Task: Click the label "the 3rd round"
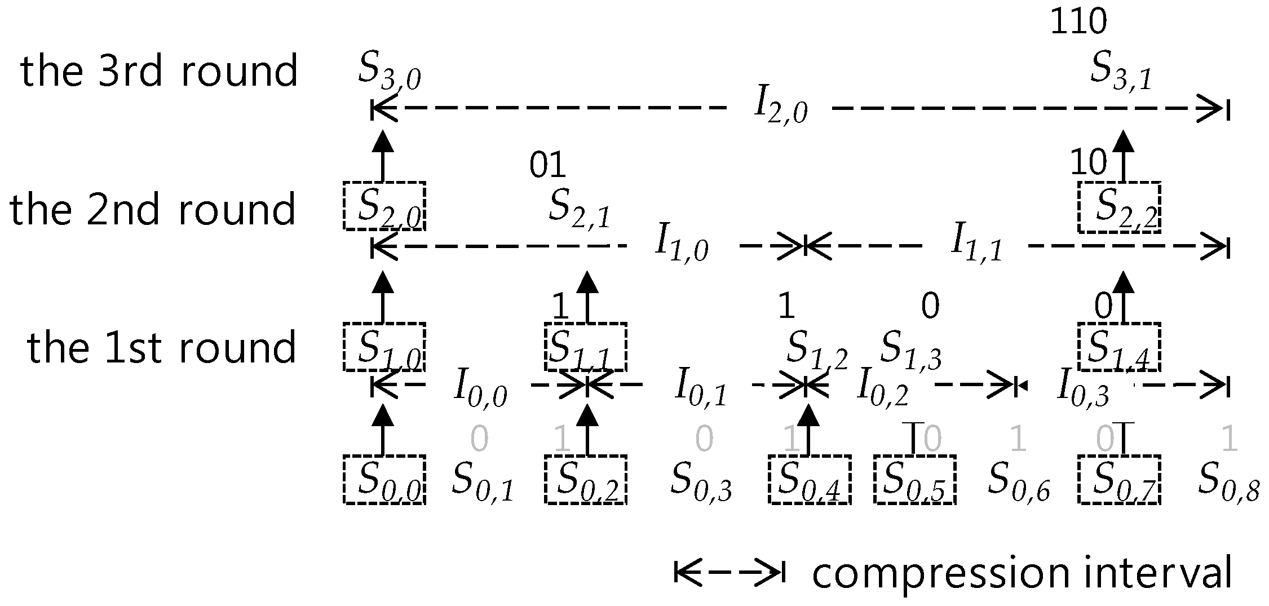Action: (x=159, y=72)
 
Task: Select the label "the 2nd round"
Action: (x=152, y=209)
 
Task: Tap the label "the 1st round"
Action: (x=161, y=347)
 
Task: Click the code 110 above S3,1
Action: (x=1078, y=23)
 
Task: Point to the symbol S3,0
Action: (x=389, y=74)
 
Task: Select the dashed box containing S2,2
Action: (x=1118, y=207)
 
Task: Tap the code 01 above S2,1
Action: (x=547, y=165)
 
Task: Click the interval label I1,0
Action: (x=681, y=247)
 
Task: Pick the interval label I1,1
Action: (x=977, y=247)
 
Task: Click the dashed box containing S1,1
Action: (x=586, y=347)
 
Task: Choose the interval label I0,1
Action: (x=701, y=388)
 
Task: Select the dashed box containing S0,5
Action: (x=914, y=479)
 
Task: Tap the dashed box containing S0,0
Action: (x=384, y=479)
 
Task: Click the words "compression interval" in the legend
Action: (x=1022, y=574)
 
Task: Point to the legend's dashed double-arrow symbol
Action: (x=729, y=573)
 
